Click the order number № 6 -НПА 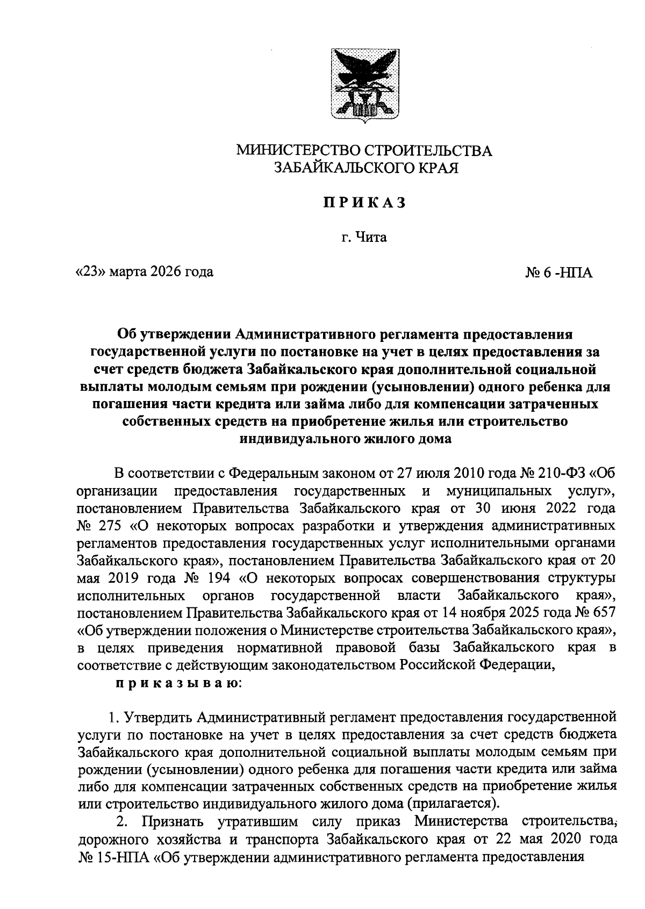(558, 273)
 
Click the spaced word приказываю (178, 684)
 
